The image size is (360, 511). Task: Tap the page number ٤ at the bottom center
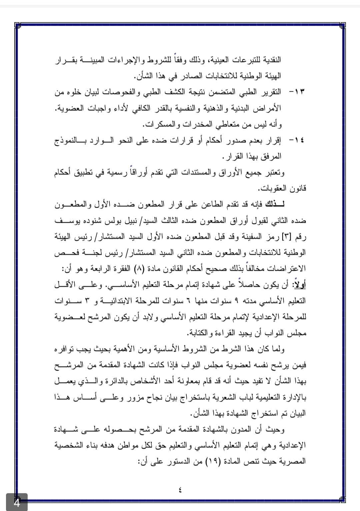click(180, 490)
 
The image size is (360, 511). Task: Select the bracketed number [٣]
click(286, 237)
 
